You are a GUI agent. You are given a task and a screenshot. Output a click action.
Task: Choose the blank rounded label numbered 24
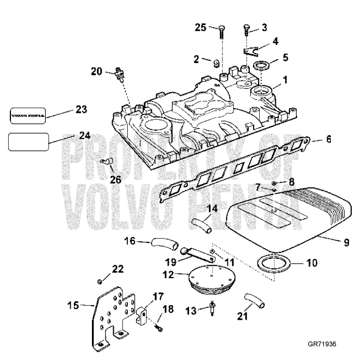point(29,141)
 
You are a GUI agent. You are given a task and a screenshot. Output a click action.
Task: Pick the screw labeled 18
point(159,329)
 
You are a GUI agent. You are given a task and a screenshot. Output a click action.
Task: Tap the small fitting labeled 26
point(108,162)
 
